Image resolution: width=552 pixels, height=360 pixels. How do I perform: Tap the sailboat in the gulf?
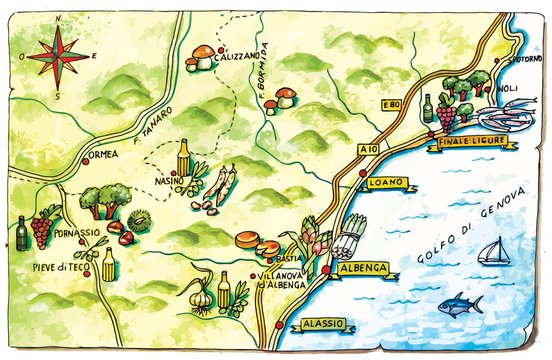491,253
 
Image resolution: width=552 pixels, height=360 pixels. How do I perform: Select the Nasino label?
168,181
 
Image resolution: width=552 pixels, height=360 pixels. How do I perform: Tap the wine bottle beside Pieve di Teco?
22,234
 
